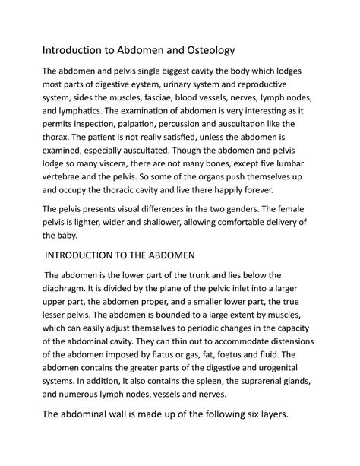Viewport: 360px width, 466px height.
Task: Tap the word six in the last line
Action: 264,436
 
